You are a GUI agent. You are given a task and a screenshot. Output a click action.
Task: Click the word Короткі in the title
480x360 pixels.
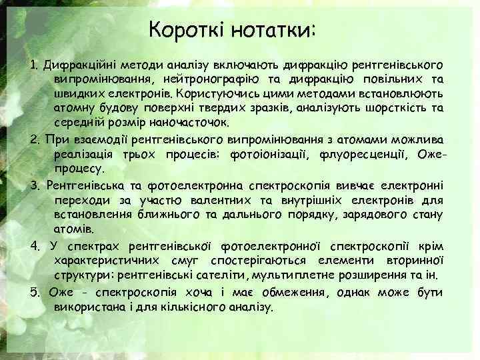pyautogui.click(x=187, y=30)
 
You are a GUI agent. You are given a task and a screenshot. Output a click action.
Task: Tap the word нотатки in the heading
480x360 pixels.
pyautogui.click(x=273, y=30)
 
